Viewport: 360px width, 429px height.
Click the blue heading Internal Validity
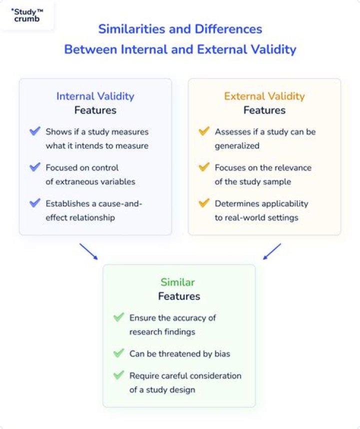[x=95, y=96]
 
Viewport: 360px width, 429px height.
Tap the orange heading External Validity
[x=264, y=96]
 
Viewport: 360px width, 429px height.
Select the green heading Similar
[x=178, y=282]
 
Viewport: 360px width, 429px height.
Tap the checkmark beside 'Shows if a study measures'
[x=35, y=132]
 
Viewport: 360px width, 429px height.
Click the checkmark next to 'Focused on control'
[x=35, y=167]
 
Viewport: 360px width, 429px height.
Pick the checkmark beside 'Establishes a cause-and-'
[x=35, y=203]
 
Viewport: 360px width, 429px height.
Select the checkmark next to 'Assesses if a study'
[x=204, y=132]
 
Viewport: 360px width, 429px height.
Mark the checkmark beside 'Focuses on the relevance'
[x=204, y=167]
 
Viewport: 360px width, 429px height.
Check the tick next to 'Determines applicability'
[x=204, y=203]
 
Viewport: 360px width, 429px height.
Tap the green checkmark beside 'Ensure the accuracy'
[x=118, y=317]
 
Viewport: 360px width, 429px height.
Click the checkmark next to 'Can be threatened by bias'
[x=118, y=353]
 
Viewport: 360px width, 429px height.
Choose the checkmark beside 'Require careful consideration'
[x=118, y=375]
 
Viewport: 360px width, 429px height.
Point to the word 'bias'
[x=221, y=353]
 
